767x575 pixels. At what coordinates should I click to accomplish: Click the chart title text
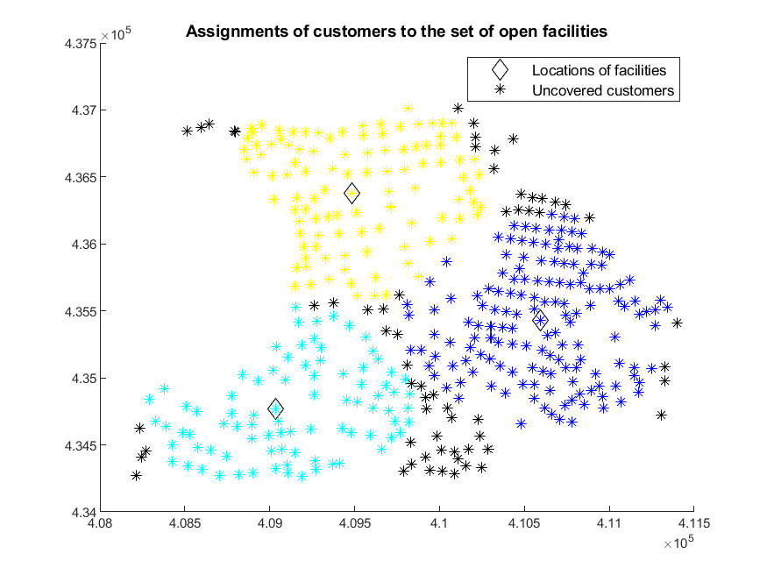[396, 32]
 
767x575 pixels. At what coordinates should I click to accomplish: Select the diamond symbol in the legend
[500, 70]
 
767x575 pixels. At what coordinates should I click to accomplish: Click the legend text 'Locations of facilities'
[599, 70]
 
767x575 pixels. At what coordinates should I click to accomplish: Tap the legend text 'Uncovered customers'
[603, 90]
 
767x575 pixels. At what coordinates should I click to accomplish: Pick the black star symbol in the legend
[500, 89]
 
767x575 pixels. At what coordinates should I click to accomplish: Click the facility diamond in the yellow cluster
[352, 194]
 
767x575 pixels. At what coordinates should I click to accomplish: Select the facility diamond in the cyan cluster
[276, 408]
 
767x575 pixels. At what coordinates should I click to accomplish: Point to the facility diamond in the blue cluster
[540, 320]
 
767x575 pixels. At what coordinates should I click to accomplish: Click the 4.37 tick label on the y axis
[83, 110]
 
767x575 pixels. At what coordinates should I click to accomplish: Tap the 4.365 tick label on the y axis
[81, 177]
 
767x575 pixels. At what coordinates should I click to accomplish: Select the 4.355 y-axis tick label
[81, 311]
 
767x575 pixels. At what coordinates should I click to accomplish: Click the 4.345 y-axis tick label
[81, 445]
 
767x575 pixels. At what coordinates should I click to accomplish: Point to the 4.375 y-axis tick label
[81, 44]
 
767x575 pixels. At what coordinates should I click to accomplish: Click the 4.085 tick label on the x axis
[184, 523]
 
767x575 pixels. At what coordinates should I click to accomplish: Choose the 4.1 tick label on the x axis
[439, 523]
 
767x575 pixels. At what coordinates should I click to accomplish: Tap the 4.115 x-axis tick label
[693, 523]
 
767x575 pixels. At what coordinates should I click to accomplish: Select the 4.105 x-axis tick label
[524, 523]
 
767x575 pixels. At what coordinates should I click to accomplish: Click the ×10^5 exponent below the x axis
[678, 543]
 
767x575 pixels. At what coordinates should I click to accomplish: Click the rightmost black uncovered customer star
[677, 323]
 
